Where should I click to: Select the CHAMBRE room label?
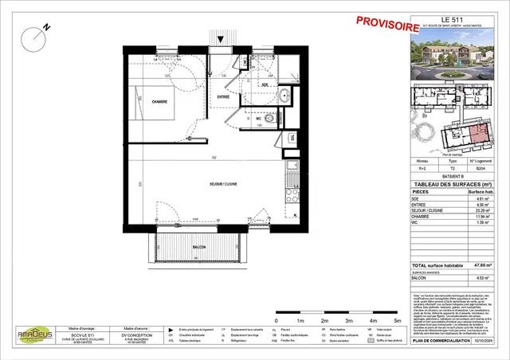pyautogui.click(x=164, y=101)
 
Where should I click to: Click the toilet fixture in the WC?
pyautogui.click(x=269, y=119)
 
